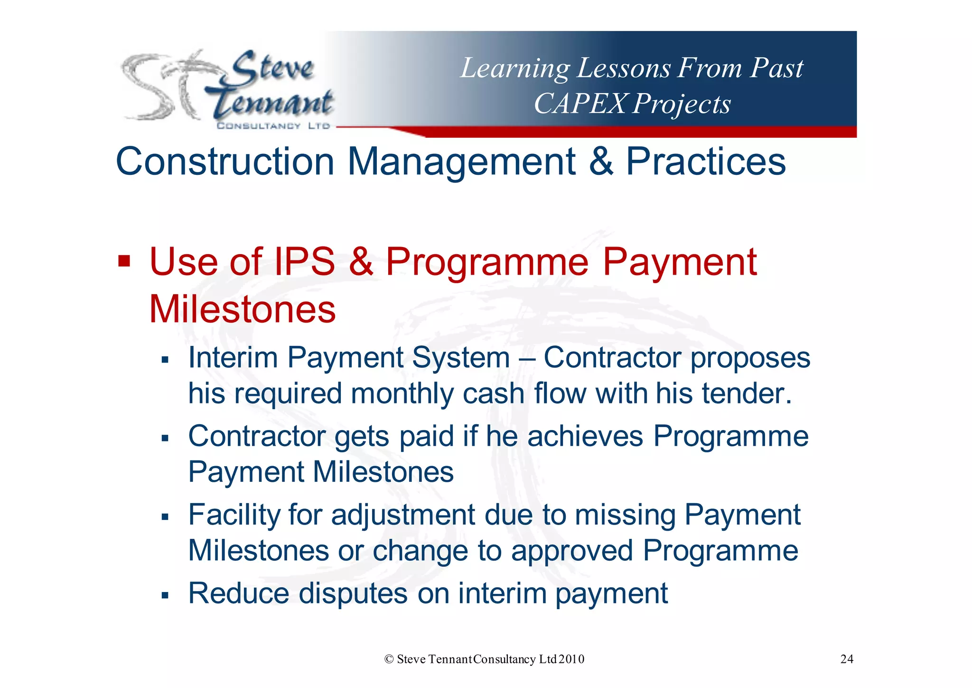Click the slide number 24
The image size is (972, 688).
(x=847, y=659)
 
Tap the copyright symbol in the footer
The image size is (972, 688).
(x=389, y=659)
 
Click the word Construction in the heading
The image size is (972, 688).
(x=225, y=162)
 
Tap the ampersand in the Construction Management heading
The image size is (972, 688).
(x=601, y=162)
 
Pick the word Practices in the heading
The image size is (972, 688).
(x=706, y=162)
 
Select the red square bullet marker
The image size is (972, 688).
(x=124, y=261)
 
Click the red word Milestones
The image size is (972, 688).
(x=243, y=309)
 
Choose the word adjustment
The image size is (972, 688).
(x=403, y=515)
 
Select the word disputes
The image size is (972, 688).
(x=353, y=593)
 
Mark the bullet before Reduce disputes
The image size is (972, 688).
(x=165, y=595)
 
